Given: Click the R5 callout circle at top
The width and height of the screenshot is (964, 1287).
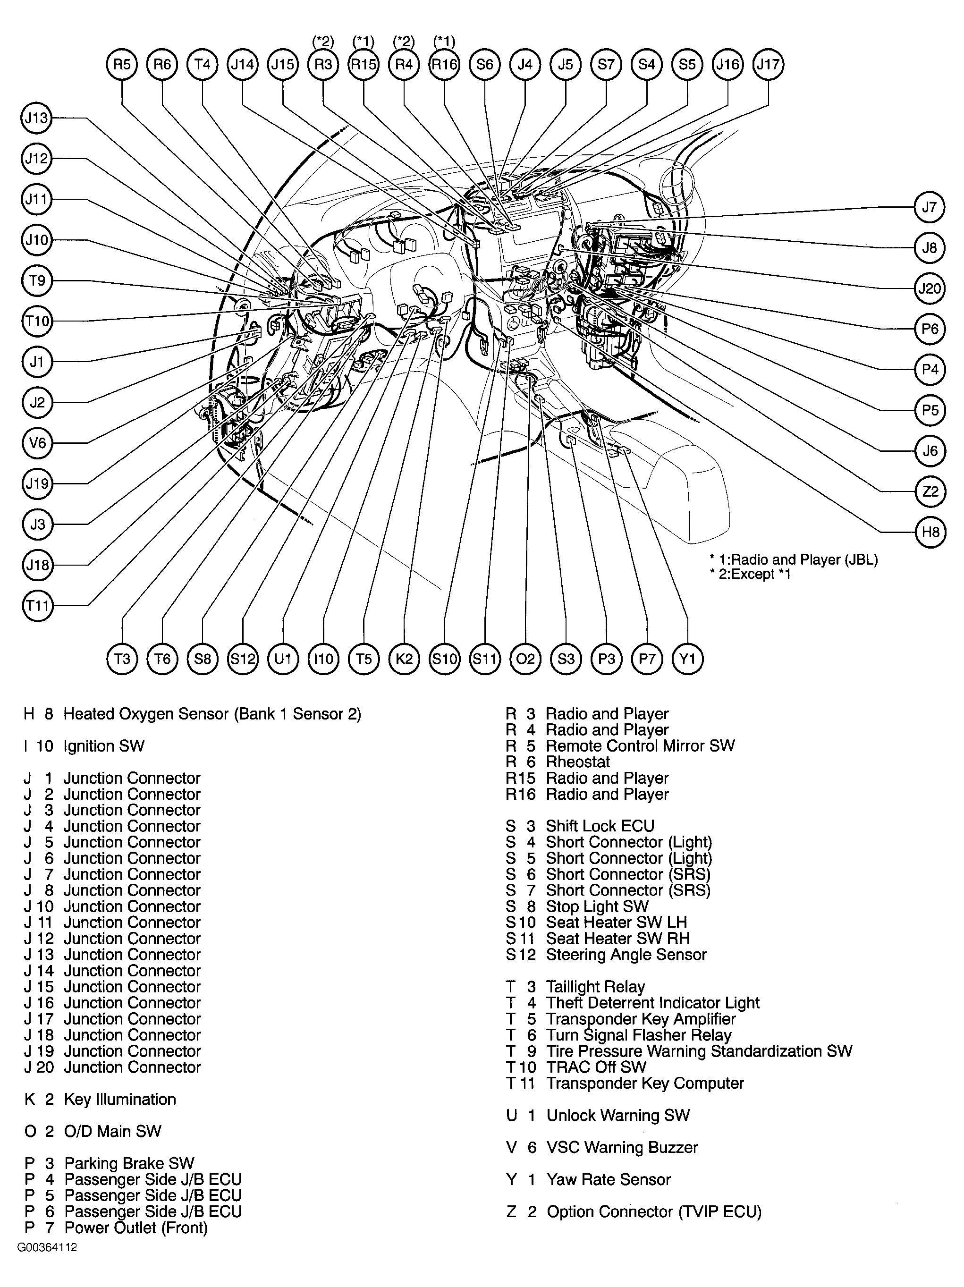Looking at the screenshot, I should click(122, 64).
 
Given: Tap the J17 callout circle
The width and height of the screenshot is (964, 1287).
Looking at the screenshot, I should click(768, 64).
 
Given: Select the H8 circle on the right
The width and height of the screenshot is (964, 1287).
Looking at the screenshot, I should click(930, 532).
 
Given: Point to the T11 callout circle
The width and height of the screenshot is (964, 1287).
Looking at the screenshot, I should click(37, 606).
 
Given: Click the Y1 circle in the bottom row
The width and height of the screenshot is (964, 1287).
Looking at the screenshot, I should click(687, 659).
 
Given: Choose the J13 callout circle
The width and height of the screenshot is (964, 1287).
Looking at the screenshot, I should click(37, 118).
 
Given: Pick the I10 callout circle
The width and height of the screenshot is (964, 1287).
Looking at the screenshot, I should click(323, 659).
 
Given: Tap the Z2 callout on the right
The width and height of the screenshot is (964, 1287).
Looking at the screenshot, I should click(930, 491).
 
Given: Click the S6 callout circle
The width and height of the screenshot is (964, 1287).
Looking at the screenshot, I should click(485, 64).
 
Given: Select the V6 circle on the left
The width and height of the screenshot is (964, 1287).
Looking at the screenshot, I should click(37, 443).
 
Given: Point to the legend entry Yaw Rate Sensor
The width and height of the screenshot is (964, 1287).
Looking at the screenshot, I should click(608, 1179).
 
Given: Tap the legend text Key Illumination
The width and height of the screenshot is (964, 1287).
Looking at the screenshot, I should click(119, 1099).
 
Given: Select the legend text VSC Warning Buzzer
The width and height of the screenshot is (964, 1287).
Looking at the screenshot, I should click(621, 1147).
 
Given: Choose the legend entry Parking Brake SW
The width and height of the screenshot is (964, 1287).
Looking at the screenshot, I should click(128, 1163).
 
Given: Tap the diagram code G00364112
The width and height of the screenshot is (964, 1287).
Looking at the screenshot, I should click(47, 1247).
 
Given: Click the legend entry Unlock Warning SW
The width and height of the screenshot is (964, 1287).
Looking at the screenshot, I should click(617, 1115).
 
